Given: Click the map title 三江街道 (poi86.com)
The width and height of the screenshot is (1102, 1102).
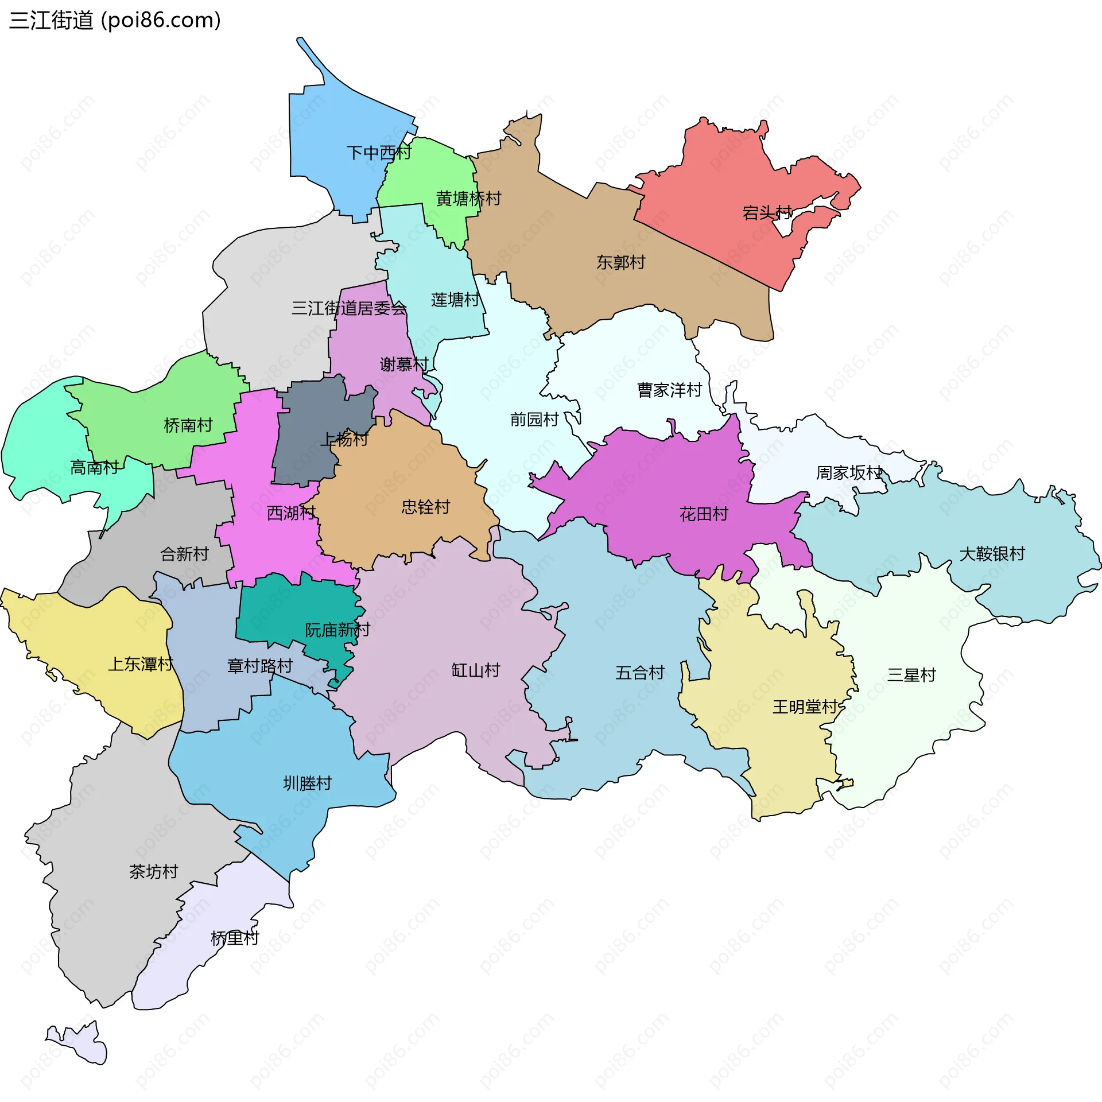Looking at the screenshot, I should (115, 21).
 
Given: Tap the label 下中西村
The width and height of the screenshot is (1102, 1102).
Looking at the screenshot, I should (379, 153).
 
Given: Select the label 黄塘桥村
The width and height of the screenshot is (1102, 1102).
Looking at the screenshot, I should (468, 199).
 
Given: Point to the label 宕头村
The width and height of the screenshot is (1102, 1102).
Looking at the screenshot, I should (767, 213).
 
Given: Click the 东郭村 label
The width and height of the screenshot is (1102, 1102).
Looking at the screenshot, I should (620, 262).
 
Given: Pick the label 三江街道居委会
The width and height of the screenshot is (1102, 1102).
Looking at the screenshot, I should (349, 308).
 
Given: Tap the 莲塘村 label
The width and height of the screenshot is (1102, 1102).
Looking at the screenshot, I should (455, 300).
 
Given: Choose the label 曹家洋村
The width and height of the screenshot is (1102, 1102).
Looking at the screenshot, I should (669, 390).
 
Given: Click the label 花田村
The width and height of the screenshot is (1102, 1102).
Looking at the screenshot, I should (703, 514).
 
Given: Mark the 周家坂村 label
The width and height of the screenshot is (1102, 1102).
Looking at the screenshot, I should (848, 473).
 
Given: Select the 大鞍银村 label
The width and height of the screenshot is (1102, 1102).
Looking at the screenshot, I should (992, 554).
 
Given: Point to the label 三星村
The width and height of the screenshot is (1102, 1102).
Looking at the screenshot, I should (911, 675).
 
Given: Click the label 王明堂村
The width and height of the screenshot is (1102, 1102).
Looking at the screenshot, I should (805, 707).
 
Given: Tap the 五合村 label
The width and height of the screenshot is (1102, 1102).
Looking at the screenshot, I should (639, 673).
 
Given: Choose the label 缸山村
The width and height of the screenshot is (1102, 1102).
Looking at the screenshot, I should (475, 670).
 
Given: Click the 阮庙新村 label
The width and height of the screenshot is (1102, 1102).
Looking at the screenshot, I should (337, 630).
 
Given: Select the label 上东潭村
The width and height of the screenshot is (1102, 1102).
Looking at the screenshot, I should (141, 664).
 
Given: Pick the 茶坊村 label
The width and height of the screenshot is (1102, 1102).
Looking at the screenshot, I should (153, 872).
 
